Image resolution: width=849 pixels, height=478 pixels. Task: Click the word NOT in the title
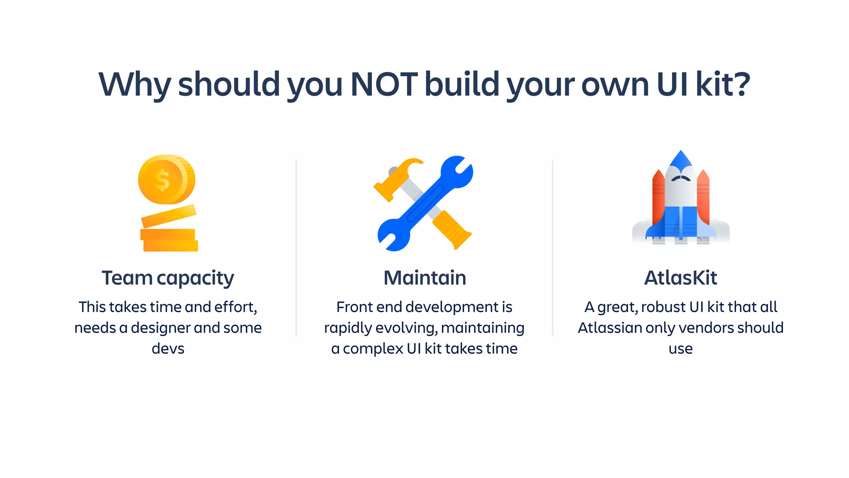pyautogui.click(x=383, y=84)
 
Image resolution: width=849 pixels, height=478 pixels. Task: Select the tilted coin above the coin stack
pyautogui.click(x=169, y=216)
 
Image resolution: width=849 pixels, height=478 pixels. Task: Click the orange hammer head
pyautogui.click(x=398, y=178)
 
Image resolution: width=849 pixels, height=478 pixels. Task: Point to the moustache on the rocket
pyautogui.click(x=681, y=178)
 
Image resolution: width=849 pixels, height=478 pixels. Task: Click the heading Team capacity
pyautogui.click(x=168, y=278)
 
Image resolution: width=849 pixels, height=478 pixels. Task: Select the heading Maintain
pyautogui.click(x=424, y=278)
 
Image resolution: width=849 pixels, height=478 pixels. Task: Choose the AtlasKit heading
pyautogui.click(x=680, y=278)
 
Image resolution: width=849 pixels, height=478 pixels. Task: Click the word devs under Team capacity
pyautogui.click(x=168, y=349)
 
